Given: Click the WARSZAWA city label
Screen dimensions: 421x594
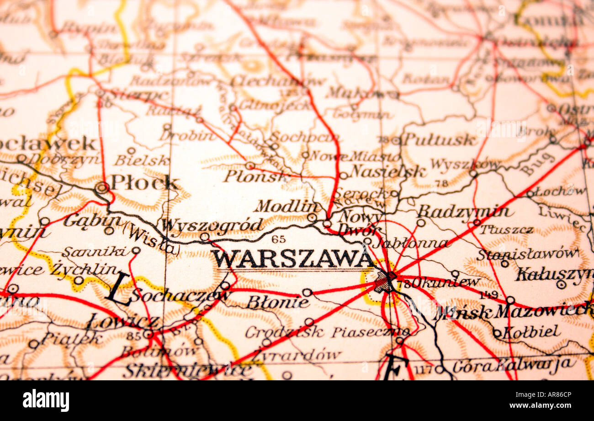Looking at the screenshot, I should click(x=292, y=259).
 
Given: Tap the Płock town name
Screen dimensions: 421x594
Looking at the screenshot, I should click(x=144, y=183).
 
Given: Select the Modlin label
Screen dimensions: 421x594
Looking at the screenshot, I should click(x=286, y=206).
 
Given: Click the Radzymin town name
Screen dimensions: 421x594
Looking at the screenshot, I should click(x=464, y=212).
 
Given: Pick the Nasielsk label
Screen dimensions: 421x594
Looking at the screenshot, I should click(x=388, y=171).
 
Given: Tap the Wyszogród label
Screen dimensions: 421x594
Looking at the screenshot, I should click(x=212, y=225).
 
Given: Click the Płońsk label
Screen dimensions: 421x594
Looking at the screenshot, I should click(x=251, y=176).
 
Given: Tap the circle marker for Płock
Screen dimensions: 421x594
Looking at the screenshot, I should click(x=102, y=187).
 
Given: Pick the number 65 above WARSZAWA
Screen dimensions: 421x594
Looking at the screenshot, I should click(x=278, y=239).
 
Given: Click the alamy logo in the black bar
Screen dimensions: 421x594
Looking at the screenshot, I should click(x=46, y=400).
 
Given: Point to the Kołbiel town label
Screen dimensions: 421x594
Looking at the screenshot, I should click(x=530, y=332).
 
